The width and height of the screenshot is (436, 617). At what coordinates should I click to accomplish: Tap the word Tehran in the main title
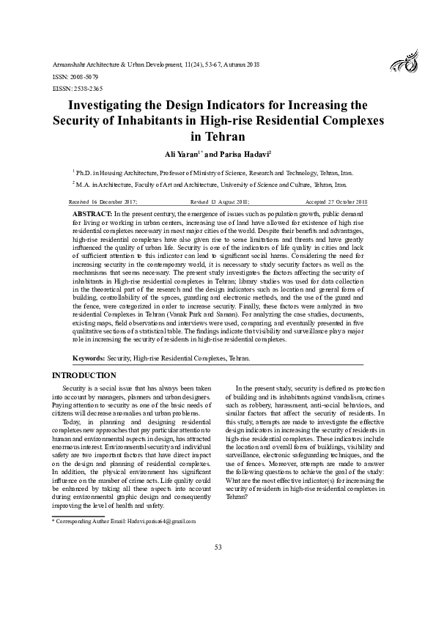point(217,136)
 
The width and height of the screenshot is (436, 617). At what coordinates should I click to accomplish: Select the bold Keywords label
point(89,358)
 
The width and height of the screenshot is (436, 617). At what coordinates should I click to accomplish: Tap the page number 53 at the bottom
point(218,568)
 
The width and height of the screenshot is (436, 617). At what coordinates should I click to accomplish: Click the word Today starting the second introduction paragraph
point(72,422)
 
